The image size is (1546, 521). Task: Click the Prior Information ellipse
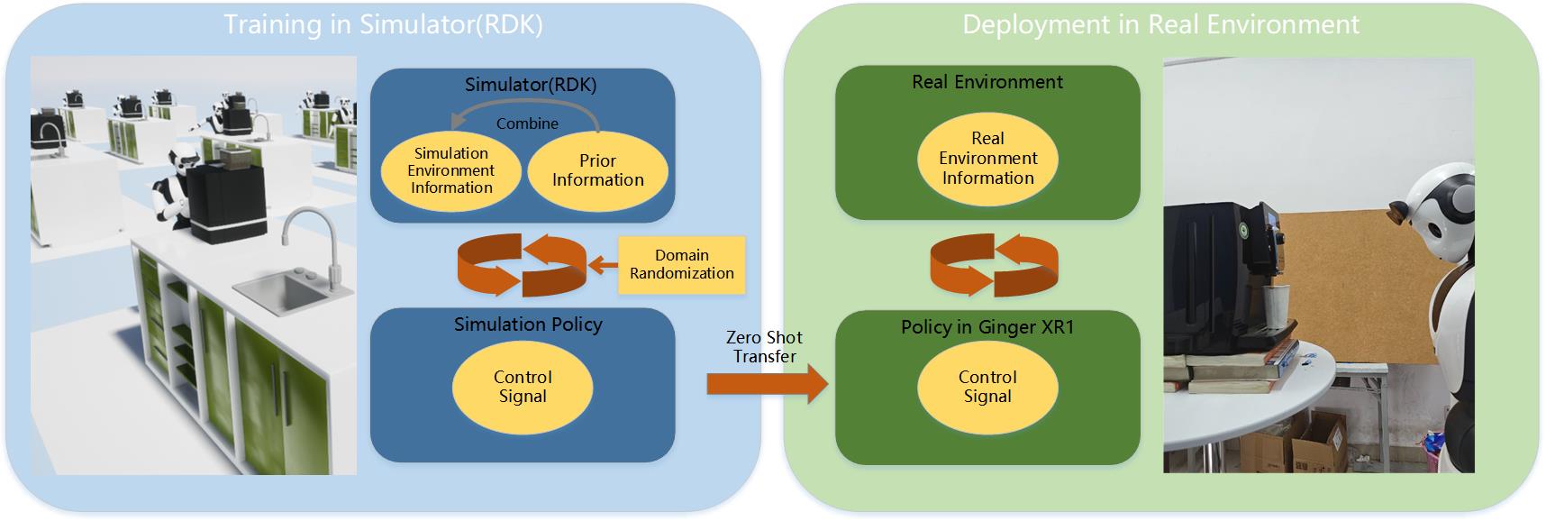click(597, 170)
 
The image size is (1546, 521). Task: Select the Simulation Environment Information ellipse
click(451, 170)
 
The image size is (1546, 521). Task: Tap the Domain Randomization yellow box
click(682, 264)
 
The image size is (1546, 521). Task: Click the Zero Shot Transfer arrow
click(766, 384)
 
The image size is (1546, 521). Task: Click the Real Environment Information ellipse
click(987, 159)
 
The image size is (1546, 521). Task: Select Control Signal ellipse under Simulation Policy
click(523, 387)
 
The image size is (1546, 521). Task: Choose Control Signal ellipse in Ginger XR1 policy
click(987, 387)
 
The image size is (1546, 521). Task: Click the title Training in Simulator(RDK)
click(383, 24)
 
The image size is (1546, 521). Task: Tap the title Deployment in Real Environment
click(1160, 24)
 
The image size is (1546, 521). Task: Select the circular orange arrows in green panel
click(993, 265)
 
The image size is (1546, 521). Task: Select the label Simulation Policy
click(528, 324)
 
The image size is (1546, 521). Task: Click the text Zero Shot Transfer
click(764, 346)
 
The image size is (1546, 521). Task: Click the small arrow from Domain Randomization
click(603, 265)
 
